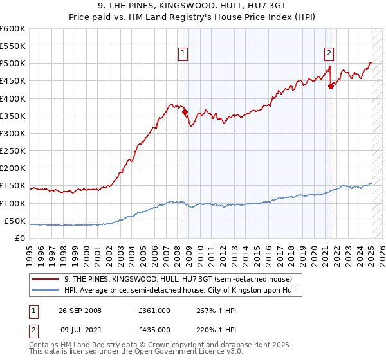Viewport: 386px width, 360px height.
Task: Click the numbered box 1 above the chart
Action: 183,54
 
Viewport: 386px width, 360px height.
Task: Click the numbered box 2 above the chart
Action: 329,54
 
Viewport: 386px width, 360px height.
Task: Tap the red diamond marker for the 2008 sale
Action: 185,112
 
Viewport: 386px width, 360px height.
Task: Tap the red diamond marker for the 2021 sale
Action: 331,86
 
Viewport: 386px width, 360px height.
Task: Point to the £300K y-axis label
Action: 13,133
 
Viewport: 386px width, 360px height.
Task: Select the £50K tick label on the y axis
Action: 15,221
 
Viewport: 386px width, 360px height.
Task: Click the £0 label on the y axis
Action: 20,239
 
